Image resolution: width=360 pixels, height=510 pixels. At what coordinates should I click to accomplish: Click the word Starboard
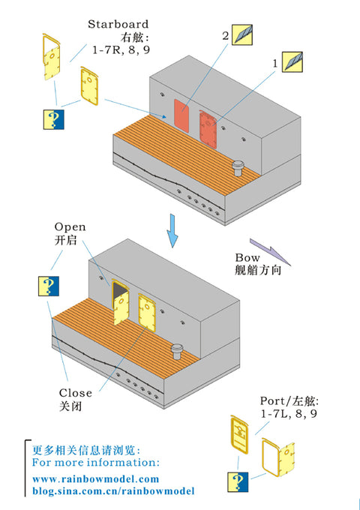(x=118, y=24)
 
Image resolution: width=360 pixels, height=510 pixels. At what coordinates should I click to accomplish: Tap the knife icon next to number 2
(x=242, y=34)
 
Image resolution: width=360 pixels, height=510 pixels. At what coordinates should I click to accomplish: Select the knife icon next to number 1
(x=292, y=61)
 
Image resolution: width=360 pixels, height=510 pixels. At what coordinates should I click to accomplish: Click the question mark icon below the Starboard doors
(x=54, y=119)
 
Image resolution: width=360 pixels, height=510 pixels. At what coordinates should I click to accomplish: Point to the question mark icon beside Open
(x=49, y=286)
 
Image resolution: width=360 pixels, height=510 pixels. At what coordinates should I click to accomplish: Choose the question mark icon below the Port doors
(x=238, y=482)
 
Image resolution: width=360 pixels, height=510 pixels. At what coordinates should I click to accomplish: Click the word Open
(x=70, y=226)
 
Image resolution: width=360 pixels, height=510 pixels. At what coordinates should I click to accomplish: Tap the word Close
(x=76, y=393)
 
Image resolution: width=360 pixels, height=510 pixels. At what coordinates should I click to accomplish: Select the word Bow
(x=247, y=258)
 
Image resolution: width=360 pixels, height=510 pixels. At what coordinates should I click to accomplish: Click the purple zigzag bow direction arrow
(x=271, y=252)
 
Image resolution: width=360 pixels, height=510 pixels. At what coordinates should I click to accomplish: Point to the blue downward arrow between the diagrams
(x=172, y=230)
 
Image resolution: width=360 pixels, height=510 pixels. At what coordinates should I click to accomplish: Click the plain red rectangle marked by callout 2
(x=181, y=115)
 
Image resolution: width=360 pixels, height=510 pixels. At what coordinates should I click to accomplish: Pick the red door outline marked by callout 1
(x=208, y=129)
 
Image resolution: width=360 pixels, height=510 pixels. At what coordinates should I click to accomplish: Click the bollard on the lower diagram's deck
(x=177, y=352)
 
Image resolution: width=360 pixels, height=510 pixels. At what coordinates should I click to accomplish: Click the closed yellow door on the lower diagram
(x=147, y=313)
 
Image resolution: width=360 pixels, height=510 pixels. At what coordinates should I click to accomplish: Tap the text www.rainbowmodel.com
(x=96, y=479)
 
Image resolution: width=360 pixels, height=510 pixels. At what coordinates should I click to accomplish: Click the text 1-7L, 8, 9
(x=289, y=413)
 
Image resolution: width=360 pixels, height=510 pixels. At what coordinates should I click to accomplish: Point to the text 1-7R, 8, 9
(x=121, y=50)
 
